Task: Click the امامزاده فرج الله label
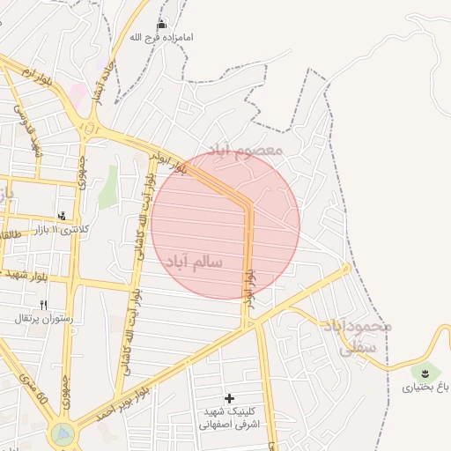161,38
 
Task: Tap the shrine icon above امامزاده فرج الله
161,24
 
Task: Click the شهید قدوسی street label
27,132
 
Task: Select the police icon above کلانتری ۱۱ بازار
62,215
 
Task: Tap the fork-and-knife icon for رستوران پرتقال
44,302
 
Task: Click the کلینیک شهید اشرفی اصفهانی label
229,418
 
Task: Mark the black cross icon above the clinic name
229,398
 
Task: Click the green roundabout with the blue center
63,433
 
